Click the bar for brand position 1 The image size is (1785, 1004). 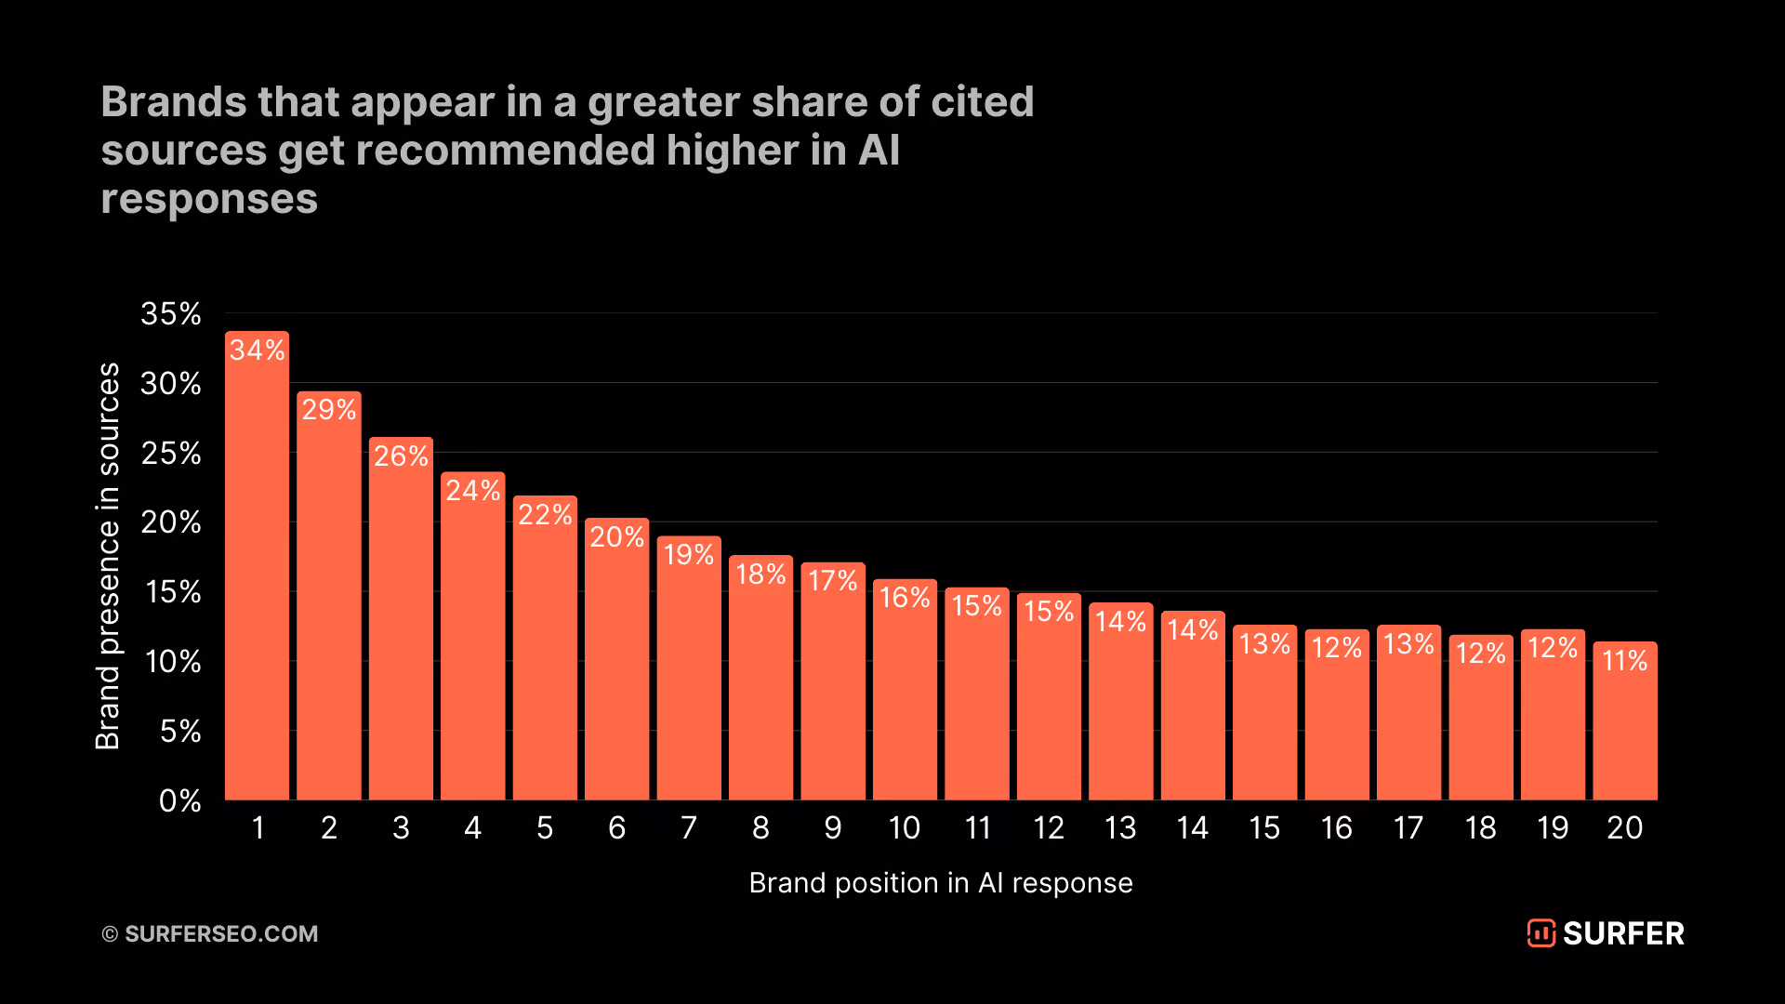pyautogui.click(x=257, y=565)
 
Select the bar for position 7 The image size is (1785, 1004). pyautogui.click(x=689, y=667)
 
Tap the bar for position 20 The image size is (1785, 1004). pyautogui.click(x=1625, y=720)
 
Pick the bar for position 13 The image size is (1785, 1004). pyautogui.click(x=1121, y=701)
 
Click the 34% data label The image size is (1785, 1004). pyautogui.click(x=258, y=350)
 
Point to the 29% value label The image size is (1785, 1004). pyautogui.click(x=329, y=410)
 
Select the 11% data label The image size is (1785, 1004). pyautogui.click(x=1625, y=661)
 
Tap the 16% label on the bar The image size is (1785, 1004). pyautogui.click(x=905, y=598)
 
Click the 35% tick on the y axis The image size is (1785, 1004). pyautogui.click(x=171, y=314)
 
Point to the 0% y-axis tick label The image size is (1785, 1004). pyautogui.click(x=180, y=800)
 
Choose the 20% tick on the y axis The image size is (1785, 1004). pyautogui.click(x=171, y=522)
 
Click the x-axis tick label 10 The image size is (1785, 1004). pyautogui.click(x=905, y=827)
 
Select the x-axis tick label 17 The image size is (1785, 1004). pyautogui.click(x=1408, y=827)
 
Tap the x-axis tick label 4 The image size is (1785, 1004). pyautogui.click(x=473, y=827)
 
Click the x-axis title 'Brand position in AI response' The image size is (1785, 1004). pyautogui.click(x=941, y=882)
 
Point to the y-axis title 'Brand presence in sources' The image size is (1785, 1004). pyautogui.click(x=108, y=556)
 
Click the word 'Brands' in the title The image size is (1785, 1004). pyautogui.click(x=174, y=102)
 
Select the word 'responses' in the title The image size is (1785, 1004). pyautogui.click(x=209, y=200)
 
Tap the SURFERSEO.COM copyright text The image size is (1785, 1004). pyautogui.click(x=210, y=933)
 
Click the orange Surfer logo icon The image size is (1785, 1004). pyautogui.click(x=1540, y=933)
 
